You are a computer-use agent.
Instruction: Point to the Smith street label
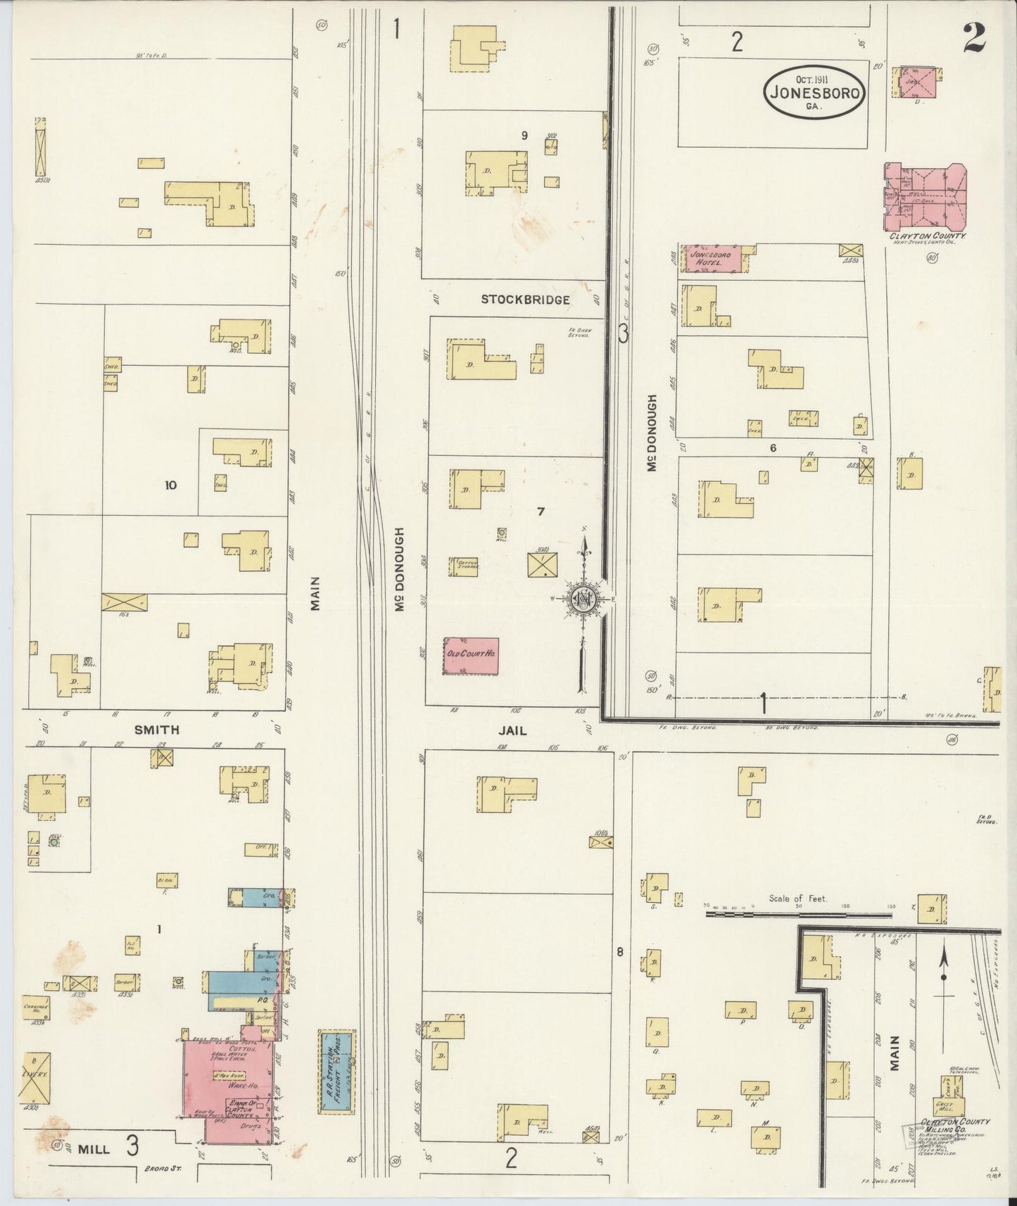(x=156, y=730)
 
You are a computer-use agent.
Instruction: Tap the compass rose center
(x=583, y=599)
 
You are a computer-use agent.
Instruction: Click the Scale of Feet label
(x=797, y=899)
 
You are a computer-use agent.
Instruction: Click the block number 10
(x=170, y=485)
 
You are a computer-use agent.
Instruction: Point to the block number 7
(x=541, y=512)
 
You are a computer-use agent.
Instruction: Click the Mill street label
(x=94, y=1148)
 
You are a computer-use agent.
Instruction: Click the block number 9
(x=524, y=135)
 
